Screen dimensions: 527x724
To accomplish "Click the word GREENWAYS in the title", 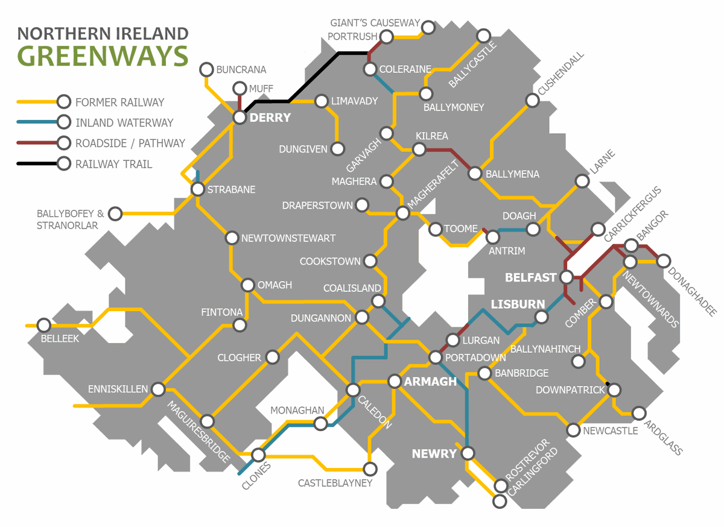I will pos(103,55).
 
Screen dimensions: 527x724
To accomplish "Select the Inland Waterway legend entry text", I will pos(124,123).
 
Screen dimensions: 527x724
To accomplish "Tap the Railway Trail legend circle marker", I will pos(63,164).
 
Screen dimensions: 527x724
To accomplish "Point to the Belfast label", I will pos(531,278).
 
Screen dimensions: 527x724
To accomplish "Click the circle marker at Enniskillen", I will pos(158,389).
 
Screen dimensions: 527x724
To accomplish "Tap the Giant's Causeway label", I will pos(375,23).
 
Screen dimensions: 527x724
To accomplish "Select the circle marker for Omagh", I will pos(248,285).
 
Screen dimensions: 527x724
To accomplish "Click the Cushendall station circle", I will pos(532,101).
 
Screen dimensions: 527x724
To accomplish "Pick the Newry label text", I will pos(434,453).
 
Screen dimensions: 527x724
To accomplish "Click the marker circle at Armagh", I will pos(395,381).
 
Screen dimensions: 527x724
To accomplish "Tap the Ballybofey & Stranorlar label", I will pos(70,219).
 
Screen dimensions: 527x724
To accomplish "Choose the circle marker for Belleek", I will pos(43,325).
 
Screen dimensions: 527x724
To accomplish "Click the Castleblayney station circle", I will pos(370,469).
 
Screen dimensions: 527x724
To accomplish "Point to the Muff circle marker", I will pos(240,88).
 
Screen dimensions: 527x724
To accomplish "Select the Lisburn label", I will pos(518,305).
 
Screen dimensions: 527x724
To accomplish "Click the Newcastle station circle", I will pos(574,431).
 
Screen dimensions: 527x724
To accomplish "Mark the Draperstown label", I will pos(317,206).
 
